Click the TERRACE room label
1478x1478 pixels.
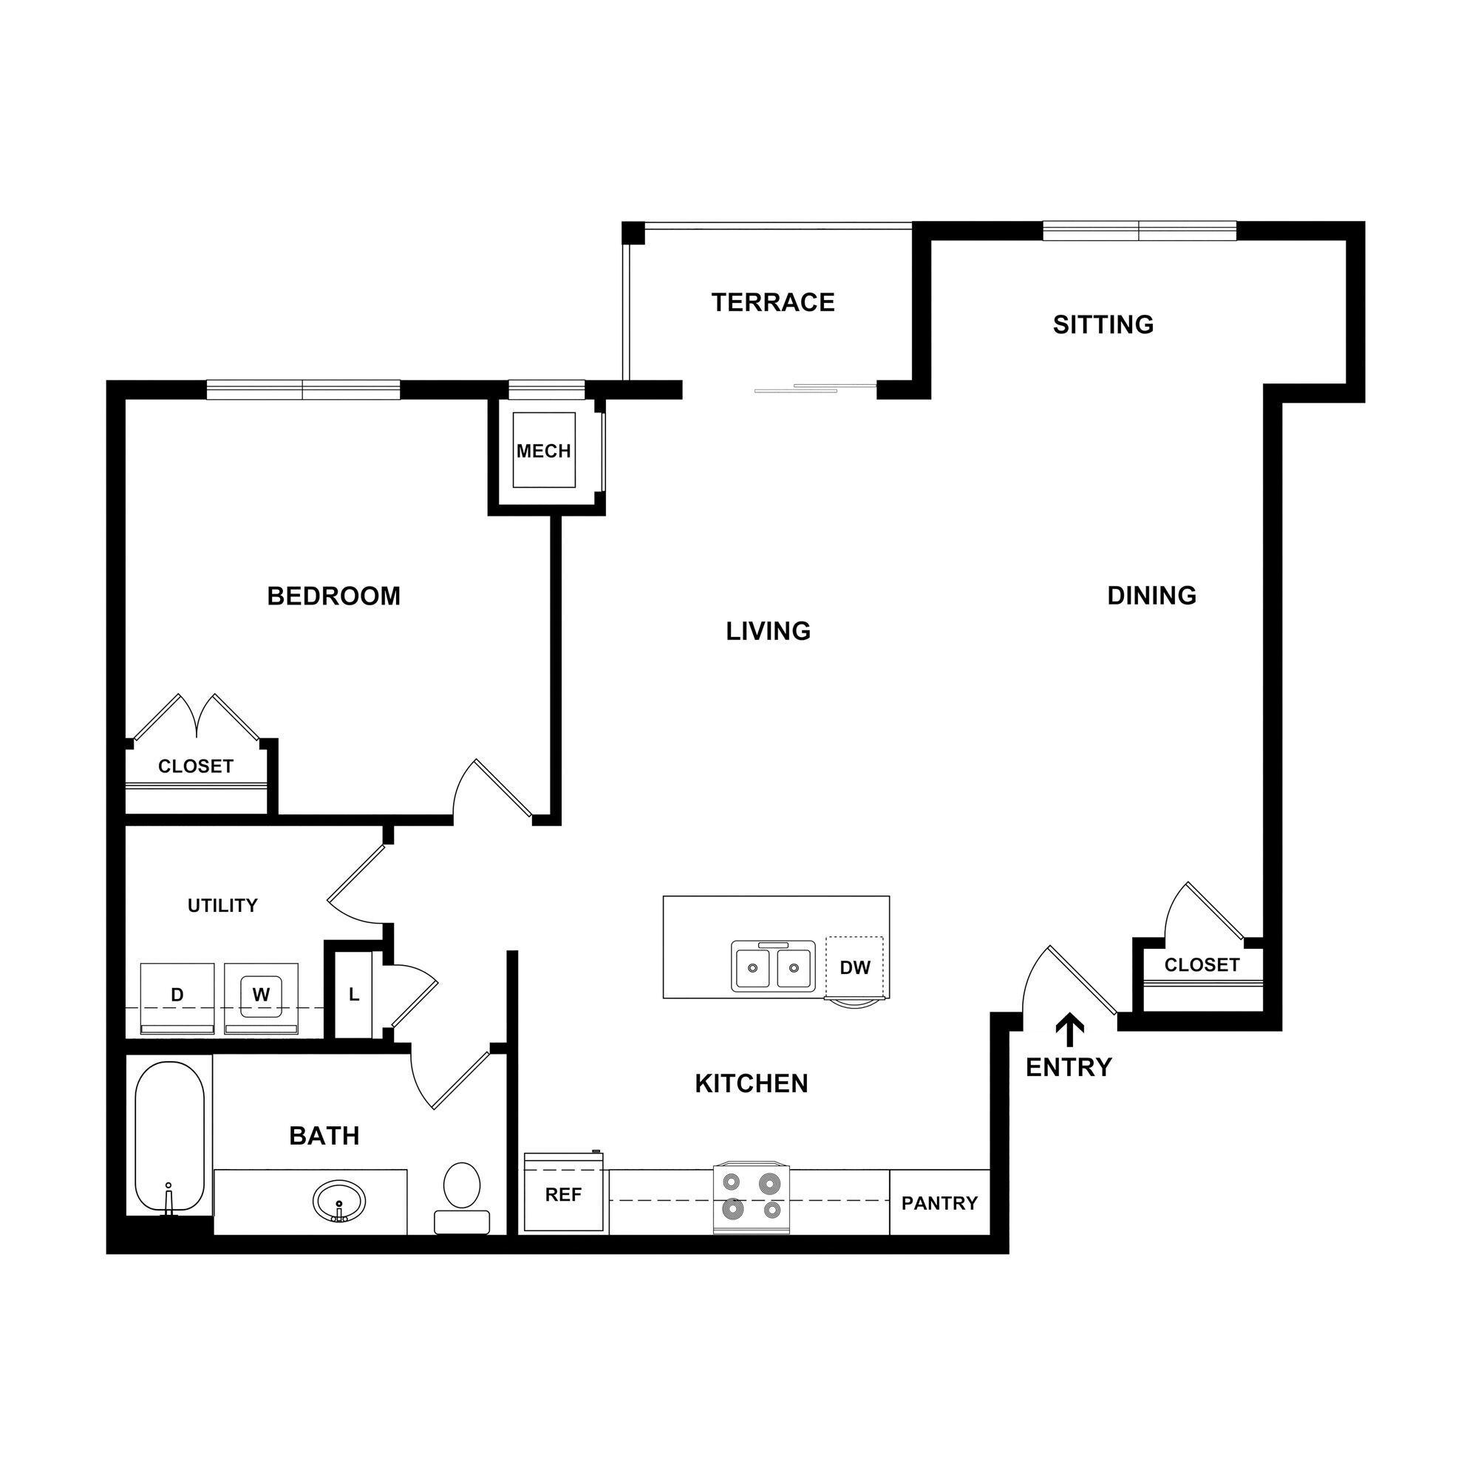(x=773, y=303)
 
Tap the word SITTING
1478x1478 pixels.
(x=1103, y=325)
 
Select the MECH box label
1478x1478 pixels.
(x=543, y=452)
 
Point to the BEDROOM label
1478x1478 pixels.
(x=333, y=596)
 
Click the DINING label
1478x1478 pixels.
(x=1151, y=595)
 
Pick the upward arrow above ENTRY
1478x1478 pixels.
(x=1069, y=1030)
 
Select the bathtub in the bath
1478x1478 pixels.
(x=169, y=1137)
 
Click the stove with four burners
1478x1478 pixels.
(x=752, y=1199)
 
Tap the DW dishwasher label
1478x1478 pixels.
(x=854, y=968)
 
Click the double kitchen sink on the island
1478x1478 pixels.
(x=772, y=967)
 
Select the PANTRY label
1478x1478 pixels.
(x=939, y=1203)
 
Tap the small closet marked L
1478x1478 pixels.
(x=353, y=995)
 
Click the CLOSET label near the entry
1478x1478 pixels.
(x=1202, y=965)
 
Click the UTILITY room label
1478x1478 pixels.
(x=222, y=906)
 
